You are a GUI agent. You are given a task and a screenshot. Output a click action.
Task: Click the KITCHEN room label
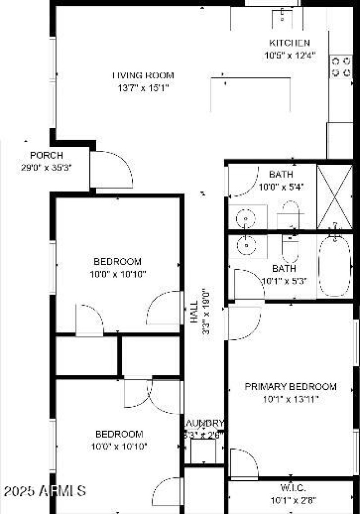coord(289,43)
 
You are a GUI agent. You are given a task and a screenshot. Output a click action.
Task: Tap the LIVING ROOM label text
coord(143,76)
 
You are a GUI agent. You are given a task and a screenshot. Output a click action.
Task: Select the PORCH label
coord(46,156)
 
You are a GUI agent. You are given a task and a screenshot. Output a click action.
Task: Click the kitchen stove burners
coord(341,66)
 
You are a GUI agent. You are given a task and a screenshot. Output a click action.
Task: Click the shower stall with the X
coord(335,197)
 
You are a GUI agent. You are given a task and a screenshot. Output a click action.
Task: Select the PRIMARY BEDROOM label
coord(290,387)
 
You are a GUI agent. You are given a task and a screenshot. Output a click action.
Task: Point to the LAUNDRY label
coord(204,424)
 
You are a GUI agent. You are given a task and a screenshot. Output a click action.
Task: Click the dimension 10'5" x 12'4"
coord(289,55)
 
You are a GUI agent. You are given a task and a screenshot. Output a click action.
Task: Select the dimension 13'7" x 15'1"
coord(143,88)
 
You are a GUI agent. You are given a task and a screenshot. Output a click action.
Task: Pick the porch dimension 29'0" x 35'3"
coord(46,167)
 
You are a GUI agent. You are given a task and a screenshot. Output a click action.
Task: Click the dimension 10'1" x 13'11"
coord(290,399)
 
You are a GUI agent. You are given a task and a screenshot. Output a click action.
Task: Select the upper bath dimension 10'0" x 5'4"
coord(281,186)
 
